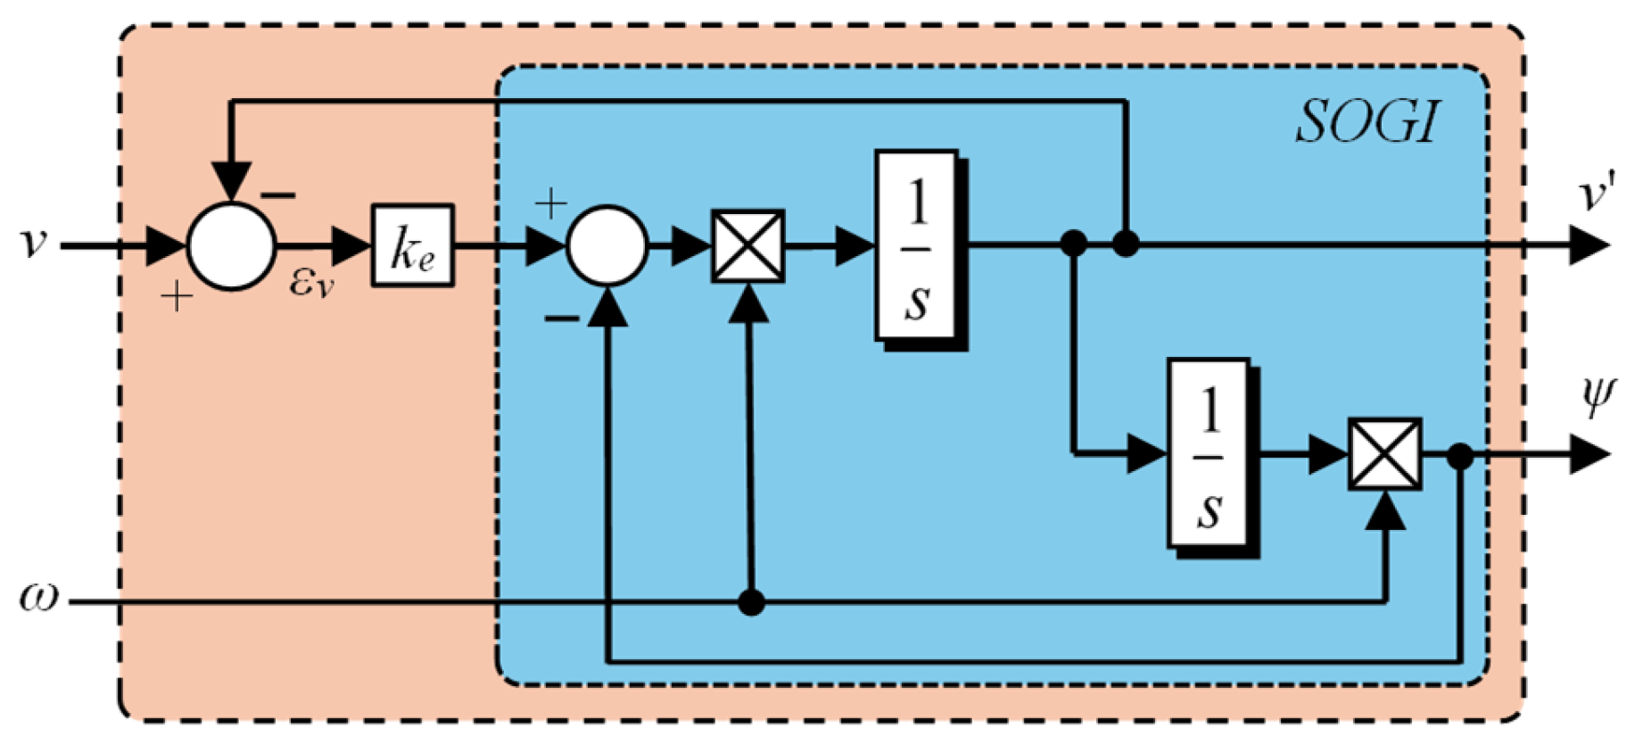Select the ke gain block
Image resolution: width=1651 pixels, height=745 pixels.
(412, 245)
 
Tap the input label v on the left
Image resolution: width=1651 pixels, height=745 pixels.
(33, 243)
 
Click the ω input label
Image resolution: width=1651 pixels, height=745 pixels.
(38, 597)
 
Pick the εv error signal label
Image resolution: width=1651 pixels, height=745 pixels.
(311, 283)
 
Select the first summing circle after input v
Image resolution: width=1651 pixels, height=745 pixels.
(231, 245)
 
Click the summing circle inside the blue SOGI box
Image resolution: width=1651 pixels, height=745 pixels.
(607, 245)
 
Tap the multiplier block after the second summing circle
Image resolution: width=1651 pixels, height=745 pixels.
(747, 246)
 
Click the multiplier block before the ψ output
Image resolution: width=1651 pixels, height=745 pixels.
(1384, 454)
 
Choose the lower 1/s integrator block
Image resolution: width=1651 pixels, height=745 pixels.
(1209, 454)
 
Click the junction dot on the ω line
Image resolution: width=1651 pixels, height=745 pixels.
(751, 603)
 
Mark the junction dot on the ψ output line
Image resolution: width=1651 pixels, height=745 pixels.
(1459, 456)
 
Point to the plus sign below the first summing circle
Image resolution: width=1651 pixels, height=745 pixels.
(177, 296)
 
